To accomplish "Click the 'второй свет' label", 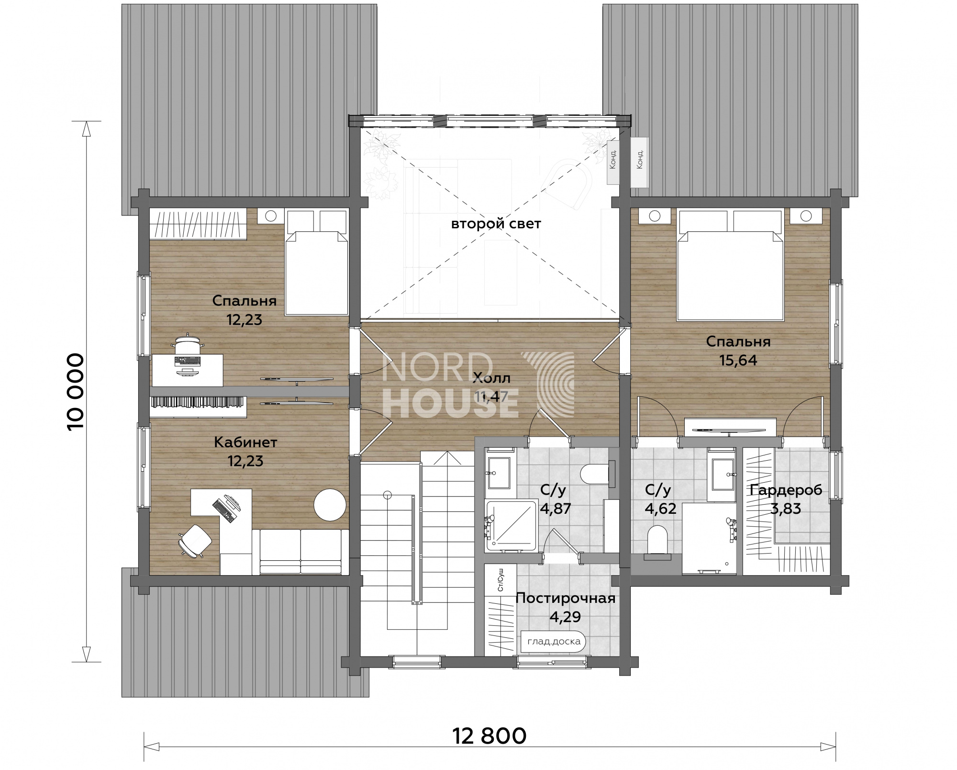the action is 496,224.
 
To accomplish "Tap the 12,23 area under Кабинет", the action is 245,461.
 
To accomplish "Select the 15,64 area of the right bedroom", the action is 738,360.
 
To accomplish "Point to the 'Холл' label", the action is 491,378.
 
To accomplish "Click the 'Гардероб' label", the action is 786,490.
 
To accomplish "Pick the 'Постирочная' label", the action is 565,599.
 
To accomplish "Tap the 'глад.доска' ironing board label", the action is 554,641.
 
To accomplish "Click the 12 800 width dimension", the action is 489,736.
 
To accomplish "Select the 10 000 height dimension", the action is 76,392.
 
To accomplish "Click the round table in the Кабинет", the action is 330,504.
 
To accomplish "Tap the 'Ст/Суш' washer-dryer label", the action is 500,580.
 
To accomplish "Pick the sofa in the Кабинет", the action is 300,552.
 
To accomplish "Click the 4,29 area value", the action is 565,617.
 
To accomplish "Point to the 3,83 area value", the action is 786,509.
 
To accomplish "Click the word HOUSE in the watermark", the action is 450,404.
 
